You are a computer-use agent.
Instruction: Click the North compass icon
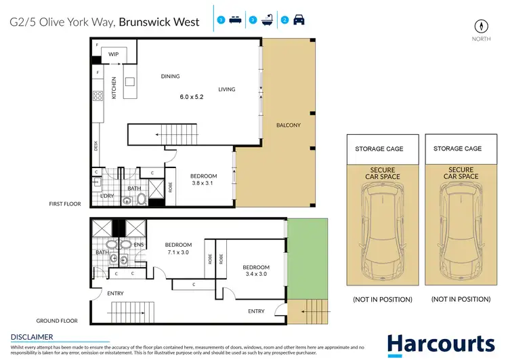point(482,26)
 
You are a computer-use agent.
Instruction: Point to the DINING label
point(170,77)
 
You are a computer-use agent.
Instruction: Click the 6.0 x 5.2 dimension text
point(192,97)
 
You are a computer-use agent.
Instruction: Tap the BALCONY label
point(289,125)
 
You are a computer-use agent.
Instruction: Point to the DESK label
point(96,145)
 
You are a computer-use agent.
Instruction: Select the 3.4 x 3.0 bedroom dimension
point(256,275)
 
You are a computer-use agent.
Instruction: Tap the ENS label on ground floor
point(140,245)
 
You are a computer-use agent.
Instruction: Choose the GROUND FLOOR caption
point(57,321)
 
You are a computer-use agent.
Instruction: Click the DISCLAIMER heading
point(32,336)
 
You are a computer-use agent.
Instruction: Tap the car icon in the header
point(299,21)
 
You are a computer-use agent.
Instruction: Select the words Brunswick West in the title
point(159,22)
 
